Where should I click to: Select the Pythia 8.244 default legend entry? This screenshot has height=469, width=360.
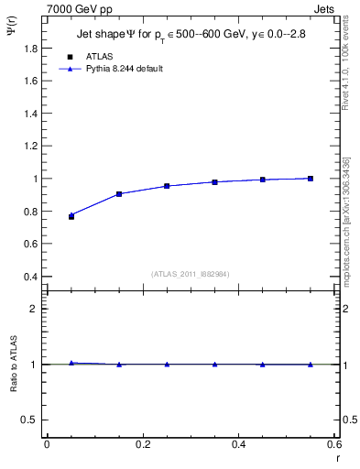point(123,69)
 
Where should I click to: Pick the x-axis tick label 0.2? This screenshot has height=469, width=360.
point(142,444)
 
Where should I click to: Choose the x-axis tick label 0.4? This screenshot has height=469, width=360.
point(238,444)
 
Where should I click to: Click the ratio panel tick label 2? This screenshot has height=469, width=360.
point(34,309)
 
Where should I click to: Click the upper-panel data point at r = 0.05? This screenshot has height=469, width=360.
point(71,216)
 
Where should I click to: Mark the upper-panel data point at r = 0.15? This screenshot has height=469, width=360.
point(119,194)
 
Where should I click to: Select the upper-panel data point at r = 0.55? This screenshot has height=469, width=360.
point(311,179)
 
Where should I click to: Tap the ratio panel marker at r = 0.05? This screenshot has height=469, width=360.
point(71,363)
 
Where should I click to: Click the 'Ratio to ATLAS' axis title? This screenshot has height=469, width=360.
point(13,364)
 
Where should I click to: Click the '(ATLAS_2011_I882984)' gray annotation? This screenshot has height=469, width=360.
point(190,274)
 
